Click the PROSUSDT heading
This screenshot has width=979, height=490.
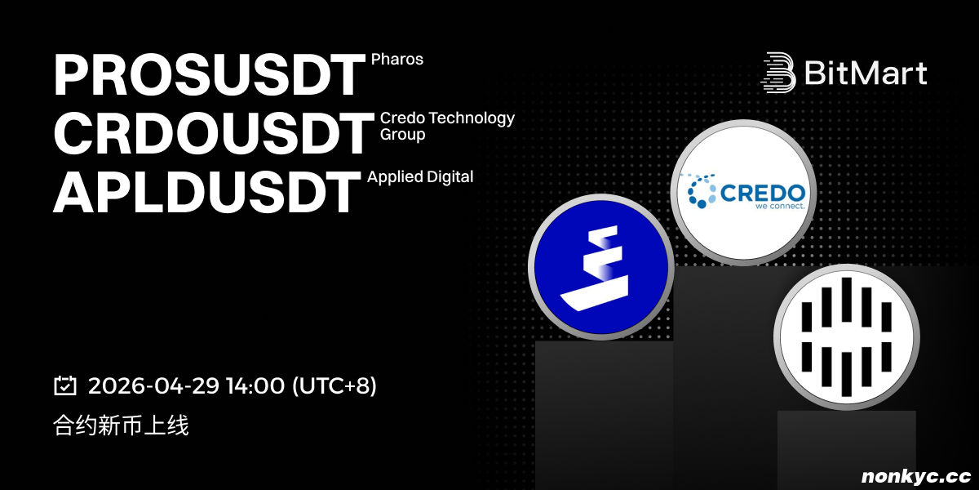tap(209, 75)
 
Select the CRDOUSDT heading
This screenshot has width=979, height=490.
tap(214, 132)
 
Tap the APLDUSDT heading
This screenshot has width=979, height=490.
tap(206, 192)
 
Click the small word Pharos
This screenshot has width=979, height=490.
tap(396, 59)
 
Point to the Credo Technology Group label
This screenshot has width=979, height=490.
tap(447, 126)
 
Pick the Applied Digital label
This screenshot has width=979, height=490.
tap(420, 176)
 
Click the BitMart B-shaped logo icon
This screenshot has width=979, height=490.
tap(778, 73)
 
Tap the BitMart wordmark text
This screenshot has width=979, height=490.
tap(866, 73)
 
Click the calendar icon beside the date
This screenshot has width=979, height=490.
tap(65, 385)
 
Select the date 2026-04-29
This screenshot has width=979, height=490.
tap(153, 385)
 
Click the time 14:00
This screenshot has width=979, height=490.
tap(255, 385)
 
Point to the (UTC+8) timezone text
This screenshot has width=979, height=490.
tap(334, 385)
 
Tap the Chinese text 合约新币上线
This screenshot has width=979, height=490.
tap(121, 425)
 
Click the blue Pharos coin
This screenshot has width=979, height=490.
tap(601, 267)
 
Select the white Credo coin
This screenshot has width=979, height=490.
tap(743, 193)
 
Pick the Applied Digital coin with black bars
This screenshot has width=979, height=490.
tap(847, 336)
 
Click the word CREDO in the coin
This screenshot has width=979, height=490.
tap(762, 193)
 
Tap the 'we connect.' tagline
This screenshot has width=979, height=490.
tap(780, 206)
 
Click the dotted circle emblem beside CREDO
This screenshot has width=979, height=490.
tap(699, 191)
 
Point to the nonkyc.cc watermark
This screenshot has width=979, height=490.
tap(916, 476)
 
